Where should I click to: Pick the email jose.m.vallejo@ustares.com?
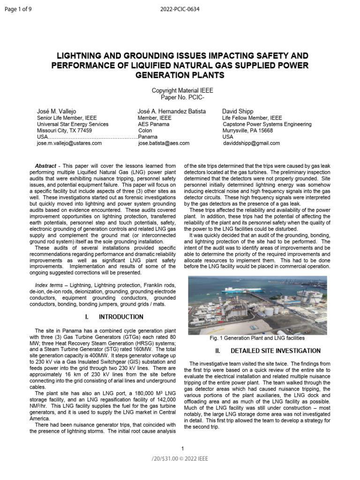tap(69, 143)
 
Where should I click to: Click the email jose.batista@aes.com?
tap(164, 143)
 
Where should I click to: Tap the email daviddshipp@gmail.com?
tap(251, 143)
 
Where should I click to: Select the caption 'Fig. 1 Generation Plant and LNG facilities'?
tap(257, 338)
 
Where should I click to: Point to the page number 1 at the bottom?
tap(182, 449)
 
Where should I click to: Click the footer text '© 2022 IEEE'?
tap(197, 458)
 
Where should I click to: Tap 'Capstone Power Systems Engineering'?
tap(267, 124)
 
